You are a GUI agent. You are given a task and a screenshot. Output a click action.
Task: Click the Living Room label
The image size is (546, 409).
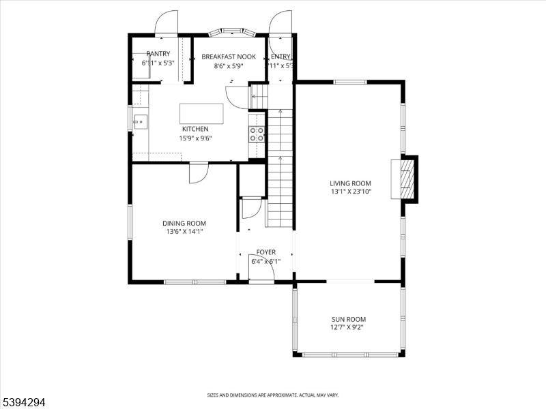coord(350,183)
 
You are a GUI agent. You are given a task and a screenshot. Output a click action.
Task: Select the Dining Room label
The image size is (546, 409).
coord(184,223)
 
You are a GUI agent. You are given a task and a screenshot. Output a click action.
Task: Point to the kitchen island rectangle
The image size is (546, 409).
coord(201,113)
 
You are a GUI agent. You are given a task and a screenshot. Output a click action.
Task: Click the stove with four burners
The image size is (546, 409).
coord(257,134)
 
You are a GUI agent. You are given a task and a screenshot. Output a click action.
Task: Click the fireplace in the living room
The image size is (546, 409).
coord(406,179)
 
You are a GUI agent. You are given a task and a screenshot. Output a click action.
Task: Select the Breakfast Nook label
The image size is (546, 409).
coord(229,57)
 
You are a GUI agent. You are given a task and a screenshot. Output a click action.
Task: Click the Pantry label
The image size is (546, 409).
coord(158,54)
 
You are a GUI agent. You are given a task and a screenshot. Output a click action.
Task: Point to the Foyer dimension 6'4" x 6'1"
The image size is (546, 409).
coord(266,261)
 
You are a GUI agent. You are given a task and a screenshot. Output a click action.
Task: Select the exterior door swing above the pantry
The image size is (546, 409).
coord(166,22)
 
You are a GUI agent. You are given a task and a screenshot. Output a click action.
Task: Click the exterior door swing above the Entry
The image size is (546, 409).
coord(281,22)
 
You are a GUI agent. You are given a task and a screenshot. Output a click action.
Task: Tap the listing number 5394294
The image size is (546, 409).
coord(24,402)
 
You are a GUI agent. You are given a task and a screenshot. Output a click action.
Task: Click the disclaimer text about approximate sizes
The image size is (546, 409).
coord(273,395)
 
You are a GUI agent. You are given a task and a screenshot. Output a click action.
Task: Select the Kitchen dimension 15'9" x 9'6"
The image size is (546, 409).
coord(195,138)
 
